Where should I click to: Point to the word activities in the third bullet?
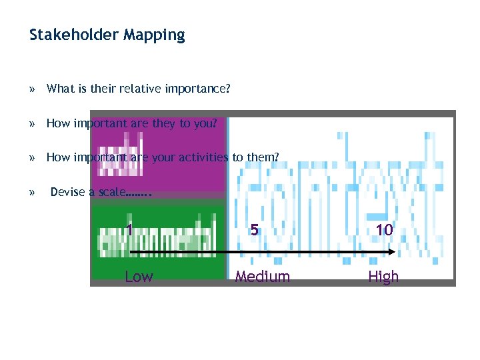click(204, 157)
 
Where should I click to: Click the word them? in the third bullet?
click(263, 157)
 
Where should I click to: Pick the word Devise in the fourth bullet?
click(67, 192)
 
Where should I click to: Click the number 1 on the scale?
click(129, 229)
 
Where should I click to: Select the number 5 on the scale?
click(254, 229)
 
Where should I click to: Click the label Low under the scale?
click(139, 277)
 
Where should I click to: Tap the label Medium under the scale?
click(262, 277)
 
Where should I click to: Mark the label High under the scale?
click(383, 277)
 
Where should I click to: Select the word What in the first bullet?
click(60, 88)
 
